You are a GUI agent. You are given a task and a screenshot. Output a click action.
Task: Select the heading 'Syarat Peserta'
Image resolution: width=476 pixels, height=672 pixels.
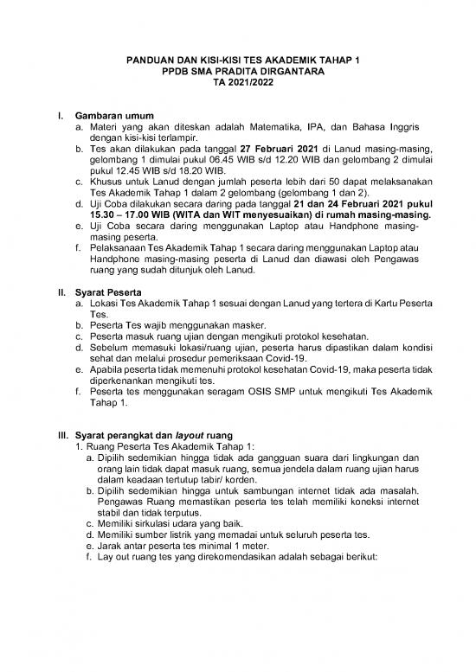pyautogui.click(x=111, y=292)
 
